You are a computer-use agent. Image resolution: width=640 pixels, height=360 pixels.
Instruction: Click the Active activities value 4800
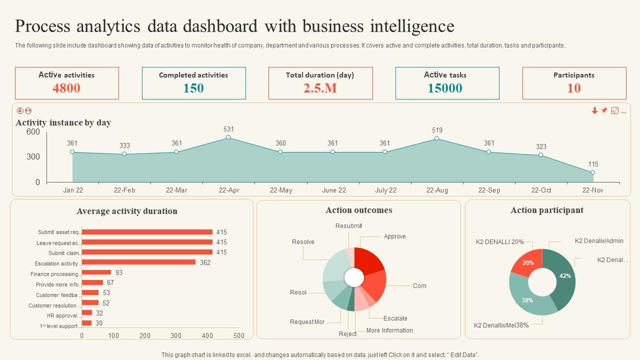coord(66,88)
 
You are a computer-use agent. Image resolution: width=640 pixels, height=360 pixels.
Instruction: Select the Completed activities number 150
coord(193,88)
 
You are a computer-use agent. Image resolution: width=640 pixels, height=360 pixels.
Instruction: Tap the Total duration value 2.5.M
coord(320,88)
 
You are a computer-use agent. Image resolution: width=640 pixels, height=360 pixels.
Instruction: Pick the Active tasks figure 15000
coord(445,88)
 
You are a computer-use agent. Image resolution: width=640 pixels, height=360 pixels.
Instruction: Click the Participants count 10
coord(574,88)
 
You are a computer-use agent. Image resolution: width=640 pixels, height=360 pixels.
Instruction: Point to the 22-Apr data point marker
coord(228,137)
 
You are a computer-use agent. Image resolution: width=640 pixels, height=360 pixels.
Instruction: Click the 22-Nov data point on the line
coord(592,172)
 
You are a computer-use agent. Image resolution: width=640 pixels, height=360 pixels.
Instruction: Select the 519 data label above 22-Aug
coord(437,130)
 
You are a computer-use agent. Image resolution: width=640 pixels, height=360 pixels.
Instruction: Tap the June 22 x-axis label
coord(334,190)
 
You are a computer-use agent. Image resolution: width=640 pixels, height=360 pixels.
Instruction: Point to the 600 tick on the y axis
coord(33,132)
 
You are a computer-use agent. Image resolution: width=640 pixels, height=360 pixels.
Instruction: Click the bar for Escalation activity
coord(138,262)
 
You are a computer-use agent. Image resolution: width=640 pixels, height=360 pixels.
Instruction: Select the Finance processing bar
coord(96,272)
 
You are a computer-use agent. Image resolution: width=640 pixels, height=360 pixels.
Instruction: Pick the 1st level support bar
coord(87,323)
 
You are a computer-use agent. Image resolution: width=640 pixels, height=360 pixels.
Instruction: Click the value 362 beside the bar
coord(205,262)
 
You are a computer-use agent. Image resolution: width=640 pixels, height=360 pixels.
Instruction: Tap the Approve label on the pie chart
coord(394,236)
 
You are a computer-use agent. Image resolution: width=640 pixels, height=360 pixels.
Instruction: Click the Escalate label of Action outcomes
coord(395,318)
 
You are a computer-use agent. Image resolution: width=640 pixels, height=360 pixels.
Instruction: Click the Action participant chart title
coord(546,210)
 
